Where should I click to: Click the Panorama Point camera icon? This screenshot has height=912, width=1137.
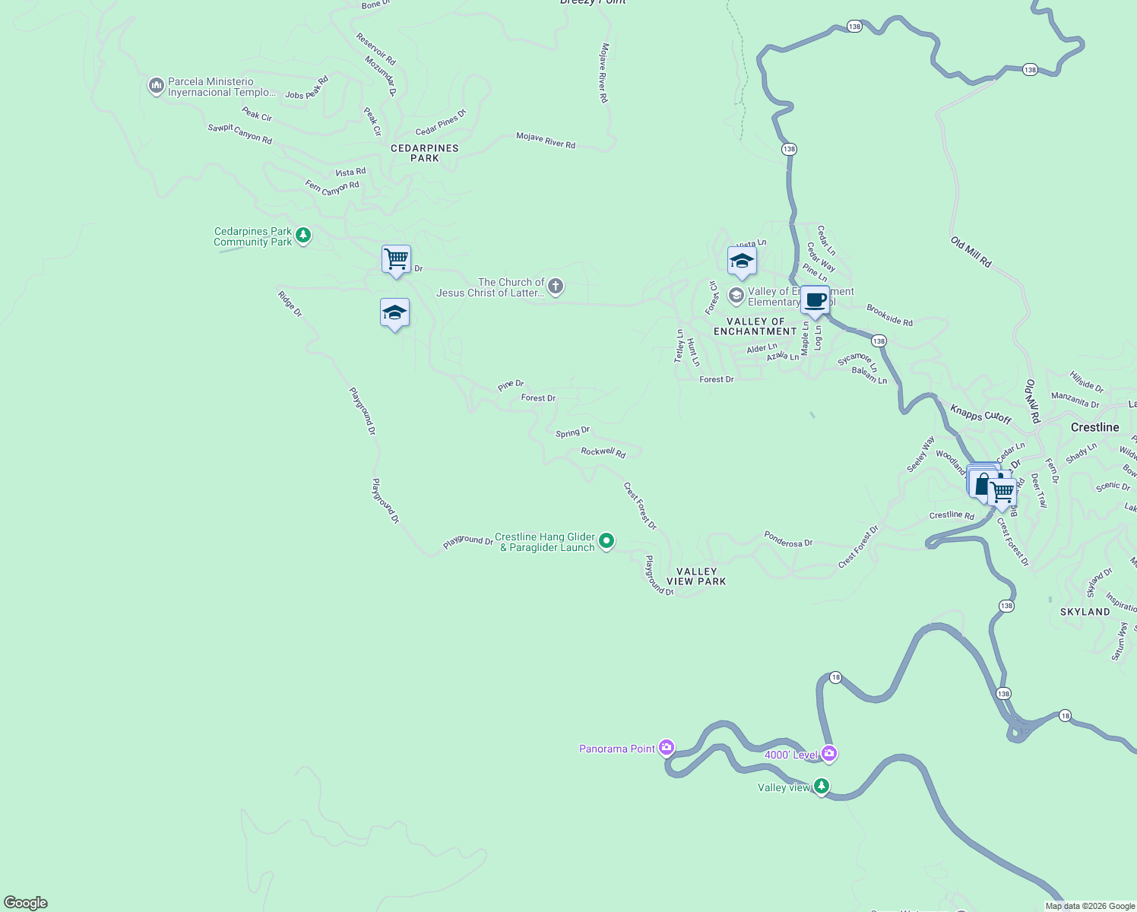(x=667, y=748)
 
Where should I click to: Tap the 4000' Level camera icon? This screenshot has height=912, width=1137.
(x=829, y=754)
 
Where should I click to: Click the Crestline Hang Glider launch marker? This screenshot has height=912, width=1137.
(x=606, y=541)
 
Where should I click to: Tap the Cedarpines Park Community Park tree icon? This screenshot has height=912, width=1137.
(x=303, y=236)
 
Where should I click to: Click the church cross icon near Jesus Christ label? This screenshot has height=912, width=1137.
(x=556, y=287)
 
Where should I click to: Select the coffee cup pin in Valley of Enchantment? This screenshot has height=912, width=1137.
(x=815, y=299)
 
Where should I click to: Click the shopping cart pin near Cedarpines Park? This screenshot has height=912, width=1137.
(x=396, y=259)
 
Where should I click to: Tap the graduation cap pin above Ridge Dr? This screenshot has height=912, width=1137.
(x=394, y=312)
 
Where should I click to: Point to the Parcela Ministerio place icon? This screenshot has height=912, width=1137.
(x=156, y=86)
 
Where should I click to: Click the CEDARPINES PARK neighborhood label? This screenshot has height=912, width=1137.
(x=424, y=153)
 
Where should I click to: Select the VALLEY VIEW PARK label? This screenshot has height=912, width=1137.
(x=696, y=576)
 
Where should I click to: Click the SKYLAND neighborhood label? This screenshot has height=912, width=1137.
(x=1085, y=612)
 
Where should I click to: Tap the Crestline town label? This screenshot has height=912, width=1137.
(x=1094, y=427)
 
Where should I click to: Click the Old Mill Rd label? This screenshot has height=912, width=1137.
(x=971, y=252)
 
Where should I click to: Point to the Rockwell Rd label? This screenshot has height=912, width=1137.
(x=603, y=452)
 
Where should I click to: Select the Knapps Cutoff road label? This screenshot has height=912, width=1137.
(x=980, y=414)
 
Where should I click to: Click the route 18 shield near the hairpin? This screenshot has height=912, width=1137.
(x=835, y=677)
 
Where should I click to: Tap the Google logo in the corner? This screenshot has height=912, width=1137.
(x=26, y=902)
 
